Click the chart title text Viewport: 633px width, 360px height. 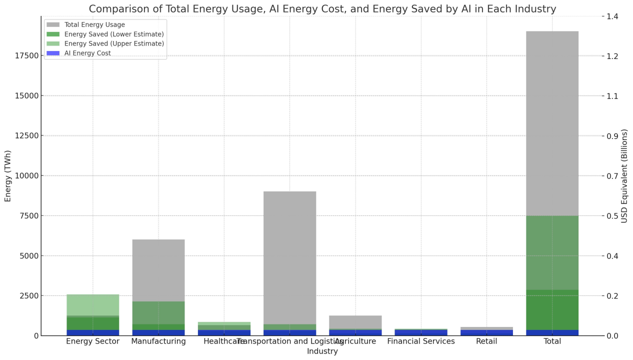coord(322,9)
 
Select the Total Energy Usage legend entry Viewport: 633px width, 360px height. coord(94,24)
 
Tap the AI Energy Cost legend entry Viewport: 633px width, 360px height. coord(87,53)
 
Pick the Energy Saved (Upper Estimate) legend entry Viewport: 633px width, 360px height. coord(114,43)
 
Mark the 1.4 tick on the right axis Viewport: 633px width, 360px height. coord(612,16)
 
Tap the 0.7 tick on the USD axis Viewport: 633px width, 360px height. coord(612,176)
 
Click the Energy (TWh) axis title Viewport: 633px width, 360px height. coord(8,175)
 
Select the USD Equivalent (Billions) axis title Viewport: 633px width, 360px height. coord(624,175)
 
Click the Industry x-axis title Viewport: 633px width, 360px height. coord(322,351)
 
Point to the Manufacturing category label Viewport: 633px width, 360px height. coord(158,341)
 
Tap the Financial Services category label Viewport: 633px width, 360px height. coord(421,341)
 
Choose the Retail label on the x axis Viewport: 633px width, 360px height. coord(486,341)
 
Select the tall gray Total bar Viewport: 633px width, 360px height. coord(552,120)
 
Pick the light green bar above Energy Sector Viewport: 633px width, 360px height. coord(92,304)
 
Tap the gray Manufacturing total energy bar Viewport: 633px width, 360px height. coord(158,270)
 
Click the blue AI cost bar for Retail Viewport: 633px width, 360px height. coord(486,332)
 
